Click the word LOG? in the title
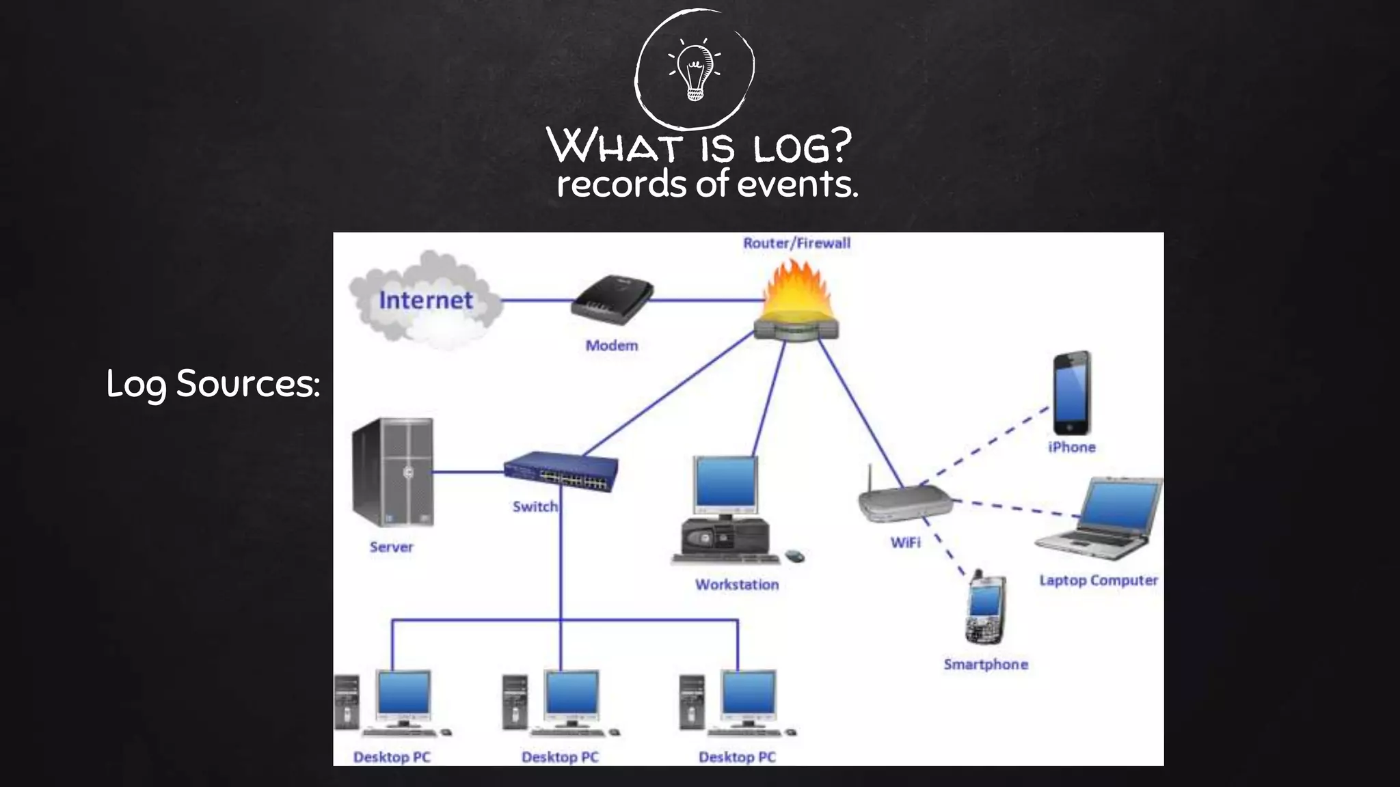coord(803,147)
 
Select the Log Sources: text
coord(213,383)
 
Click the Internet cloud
coord(425,301)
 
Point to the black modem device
coord(612,299)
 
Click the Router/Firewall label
coord(796,243)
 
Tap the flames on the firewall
coord(797,290)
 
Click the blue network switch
coord(561,471)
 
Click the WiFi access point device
coord(904,502)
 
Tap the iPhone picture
coord(1071,393)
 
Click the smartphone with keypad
coord(985,608)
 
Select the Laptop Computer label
coord(1098,581)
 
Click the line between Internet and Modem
coord(537,300)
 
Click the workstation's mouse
coord(794,556)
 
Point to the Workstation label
coord(737,585)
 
